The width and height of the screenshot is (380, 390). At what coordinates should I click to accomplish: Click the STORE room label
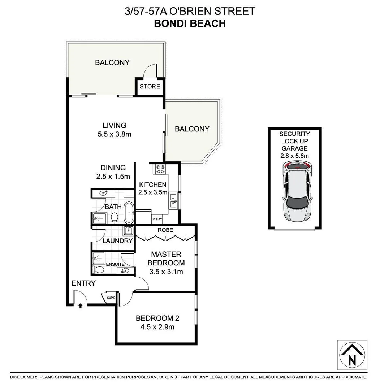[150, 87]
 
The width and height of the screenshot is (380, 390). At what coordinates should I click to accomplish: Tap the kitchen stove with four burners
[160, 169]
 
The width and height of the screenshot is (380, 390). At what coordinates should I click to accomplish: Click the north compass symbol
[352, 355]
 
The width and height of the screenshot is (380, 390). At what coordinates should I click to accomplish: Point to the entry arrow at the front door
[80, 305]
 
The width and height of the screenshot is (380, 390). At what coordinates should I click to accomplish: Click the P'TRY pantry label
[157, 219]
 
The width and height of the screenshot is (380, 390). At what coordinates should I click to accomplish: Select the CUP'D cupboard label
[111, 298]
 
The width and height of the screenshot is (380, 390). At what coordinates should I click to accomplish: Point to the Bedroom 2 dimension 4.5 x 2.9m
[157, 328]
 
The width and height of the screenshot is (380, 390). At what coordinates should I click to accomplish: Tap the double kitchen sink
[173, 201]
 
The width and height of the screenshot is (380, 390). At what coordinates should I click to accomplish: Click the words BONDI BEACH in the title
[190, 23]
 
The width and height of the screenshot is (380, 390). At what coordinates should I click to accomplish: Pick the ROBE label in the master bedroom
[166, 230]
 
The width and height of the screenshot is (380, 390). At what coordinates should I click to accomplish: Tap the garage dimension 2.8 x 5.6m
[294, 156]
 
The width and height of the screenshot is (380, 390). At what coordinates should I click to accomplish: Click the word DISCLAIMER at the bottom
[23, 377]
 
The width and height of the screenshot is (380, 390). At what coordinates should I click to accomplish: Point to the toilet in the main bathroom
[115, 218]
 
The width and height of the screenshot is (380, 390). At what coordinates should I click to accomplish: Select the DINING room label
[113, 168]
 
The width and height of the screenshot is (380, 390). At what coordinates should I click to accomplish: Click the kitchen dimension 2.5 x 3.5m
[153, 192]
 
